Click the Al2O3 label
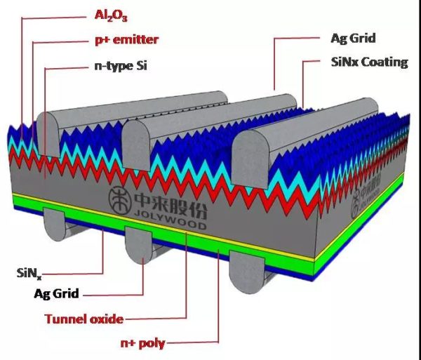click(111, 15)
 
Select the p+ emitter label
click(127, 40)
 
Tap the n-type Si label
click(121, 66)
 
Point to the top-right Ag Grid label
click(353, 39)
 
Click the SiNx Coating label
click(370, 62)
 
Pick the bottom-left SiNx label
click(29, 273)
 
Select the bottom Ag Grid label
click(56, 294)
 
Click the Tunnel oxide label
click(84, 319)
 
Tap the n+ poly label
click(143, 343)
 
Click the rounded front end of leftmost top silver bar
click(48, 134)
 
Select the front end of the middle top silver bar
click(136, 146)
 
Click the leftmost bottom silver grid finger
click(55, 225)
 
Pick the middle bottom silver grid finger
click(139, 245)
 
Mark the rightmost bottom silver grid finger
click(247, 272)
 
